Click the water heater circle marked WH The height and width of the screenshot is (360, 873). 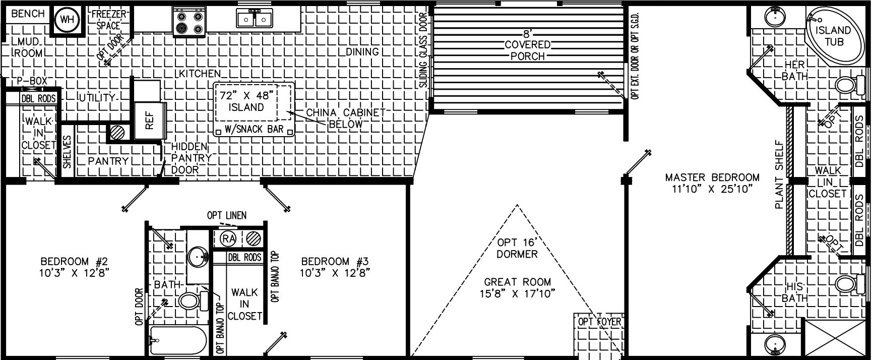click(x=67, y=21)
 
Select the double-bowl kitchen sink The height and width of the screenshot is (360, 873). click(x=255, y=19)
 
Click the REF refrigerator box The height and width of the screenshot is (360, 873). click(x=150, y=121)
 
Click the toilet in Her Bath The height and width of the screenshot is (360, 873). click(x=847, y=85)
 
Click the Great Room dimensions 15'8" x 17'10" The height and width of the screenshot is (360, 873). click(x=517, y=293)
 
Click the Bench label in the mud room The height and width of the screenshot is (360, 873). click(x=28, y=14)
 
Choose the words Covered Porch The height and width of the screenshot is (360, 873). click(x=527, y=50)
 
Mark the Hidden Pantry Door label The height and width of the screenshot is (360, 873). click(x=189, y=158)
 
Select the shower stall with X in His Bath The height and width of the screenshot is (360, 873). click(x=834, y=338)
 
